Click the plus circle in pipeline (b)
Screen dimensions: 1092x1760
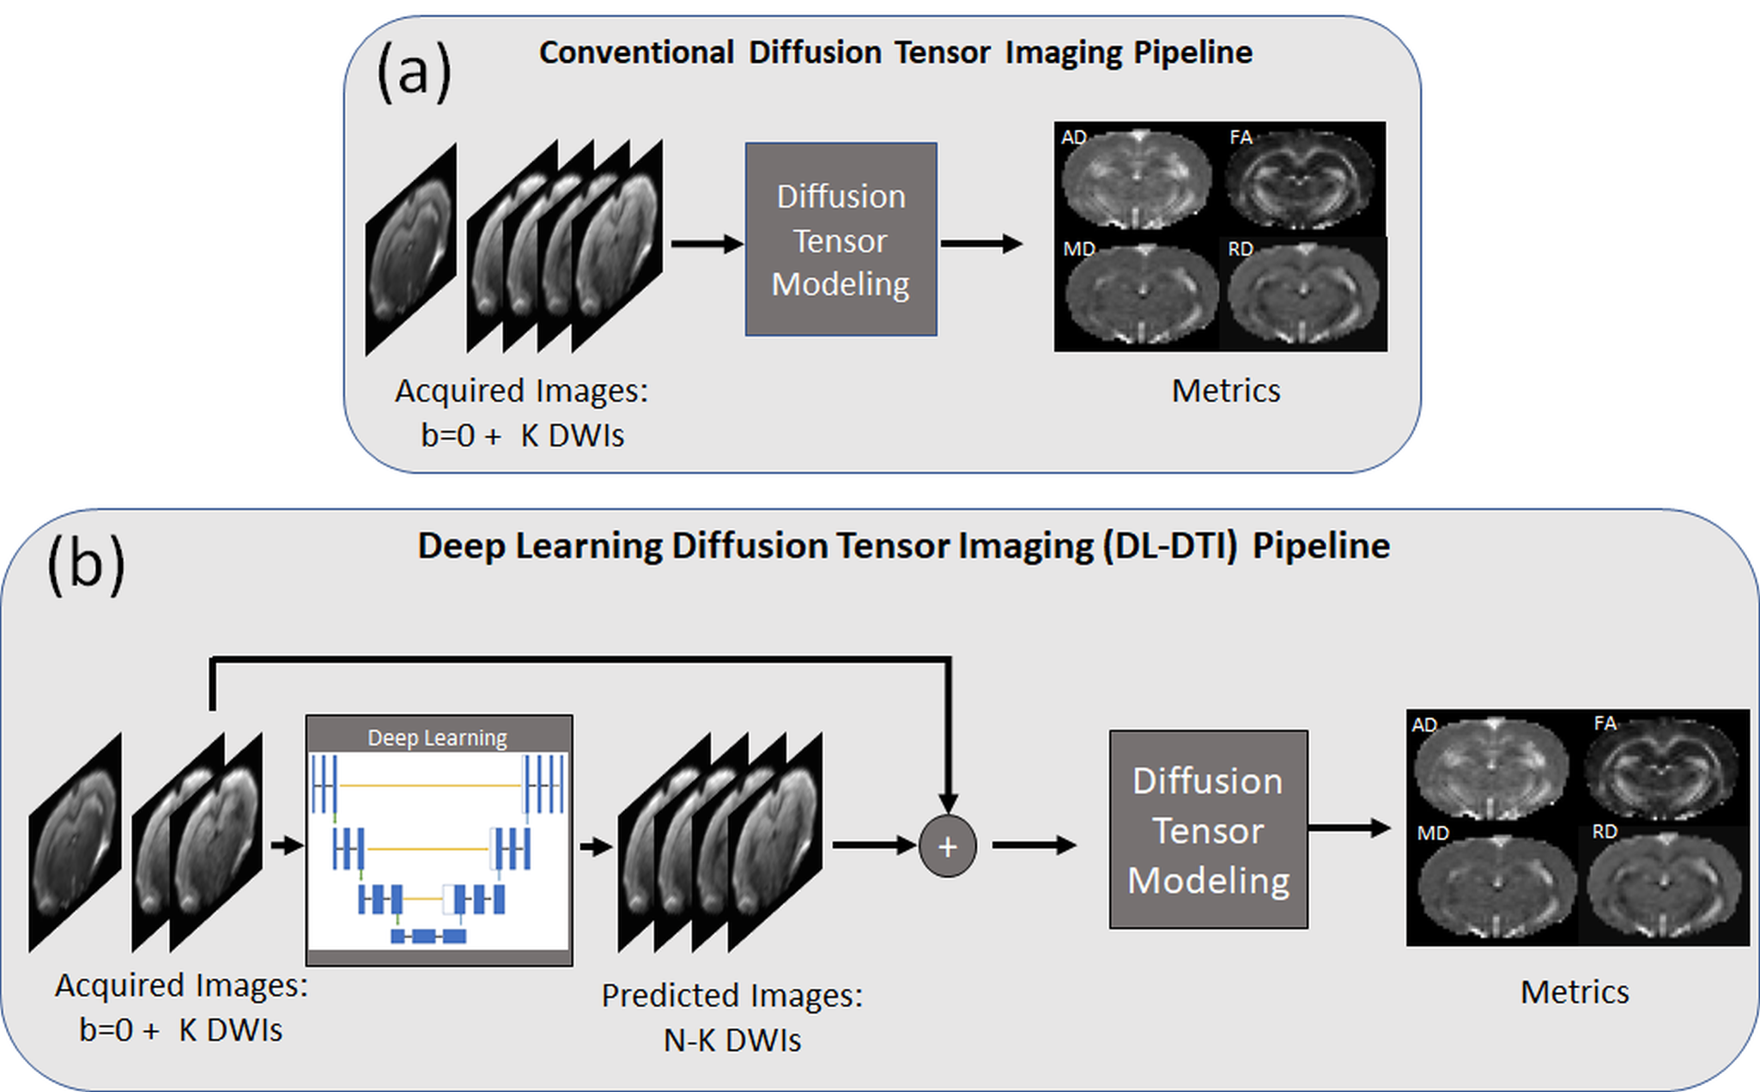(x=947, y=846)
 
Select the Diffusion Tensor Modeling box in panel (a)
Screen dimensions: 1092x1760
(x=841, y=240)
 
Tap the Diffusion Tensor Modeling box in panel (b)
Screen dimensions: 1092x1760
(x=1208, y=829)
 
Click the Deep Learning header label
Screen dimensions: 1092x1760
(x=437, y=737)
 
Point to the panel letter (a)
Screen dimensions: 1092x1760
(x=414, y=72)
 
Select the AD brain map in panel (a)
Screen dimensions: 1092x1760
(x=1137, y=179)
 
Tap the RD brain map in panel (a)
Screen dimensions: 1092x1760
(x=1303, y=294)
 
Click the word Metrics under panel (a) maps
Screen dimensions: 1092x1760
(x=1225, y=391)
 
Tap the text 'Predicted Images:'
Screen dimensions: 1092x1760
(x=731, y=995)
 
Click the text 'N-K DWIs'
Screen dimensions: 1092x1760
(x=731, y=1040)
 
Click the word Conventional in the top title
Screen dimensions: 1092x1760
(x=636, y=53)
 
